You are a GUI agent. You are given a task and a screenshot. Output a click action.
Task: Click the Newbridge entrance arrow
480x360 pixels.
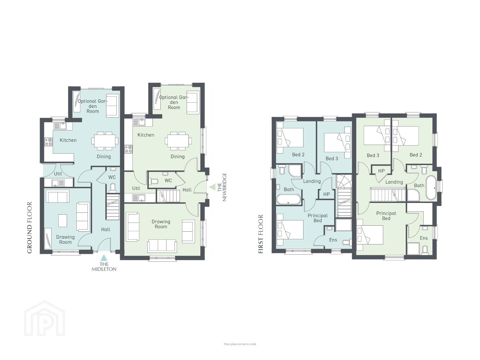pos(212,187)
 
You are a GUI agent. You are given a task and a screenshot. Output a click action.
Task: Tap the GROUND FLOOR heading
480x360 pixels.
pos(30,228)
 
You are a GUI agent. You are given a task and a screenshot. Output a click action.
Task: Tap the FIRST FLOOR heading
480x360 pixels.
pos(261,234)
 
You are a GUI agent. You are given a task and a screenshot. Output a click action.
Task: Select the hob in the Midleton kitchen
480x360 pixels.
pos(48,142)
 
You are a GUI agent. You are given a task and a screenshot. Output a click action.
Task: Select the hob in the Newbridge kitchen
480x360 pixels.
pos(129,149)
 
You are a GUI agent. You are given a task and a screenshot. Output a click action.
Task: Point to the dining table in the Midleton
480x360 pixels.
pos(105,141)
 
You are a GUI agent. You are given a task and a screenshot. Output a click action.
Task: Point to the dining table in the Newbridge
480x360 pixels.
pos(178,141)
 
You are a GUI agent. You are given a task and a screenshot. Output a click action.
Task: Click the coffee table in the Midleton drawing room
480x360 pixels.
pos(63,221)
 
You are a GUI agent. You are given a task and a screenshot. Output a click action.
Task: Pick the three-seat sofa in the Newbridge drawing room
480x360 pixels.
pos(162,245)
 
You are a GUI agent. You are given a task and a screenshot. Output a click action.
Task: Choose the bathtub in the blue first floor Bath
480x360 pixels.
pos(289,200)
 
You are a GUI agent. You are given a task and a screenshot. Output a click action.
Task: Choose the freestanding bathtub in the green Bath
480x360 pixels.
pos(431,188)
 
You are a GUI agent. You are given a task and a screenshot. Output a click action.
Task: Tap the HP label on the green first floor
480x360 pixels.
pos(381,171)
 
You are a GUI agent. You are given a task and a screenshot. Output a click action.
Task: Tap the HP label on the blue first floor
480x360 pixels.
pos(326,194)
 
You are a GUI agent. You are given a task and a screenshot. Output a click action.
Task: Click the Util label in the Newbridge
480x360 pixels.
pos(136,188)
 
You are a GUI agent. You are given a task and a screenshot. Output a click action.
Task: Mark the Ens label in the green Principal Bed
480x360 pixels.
pos(424,238)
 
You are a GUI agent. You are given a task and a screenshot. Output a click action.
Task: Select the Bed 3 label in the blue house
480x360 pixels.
pos(332,158)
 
